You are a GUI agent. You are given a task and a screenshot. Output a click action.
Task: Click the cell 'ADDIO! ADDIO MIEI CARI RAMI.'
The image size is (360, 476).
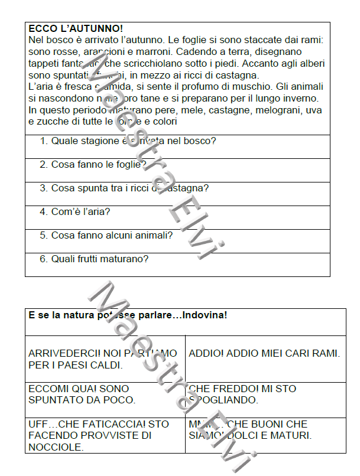coord(264,354)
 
